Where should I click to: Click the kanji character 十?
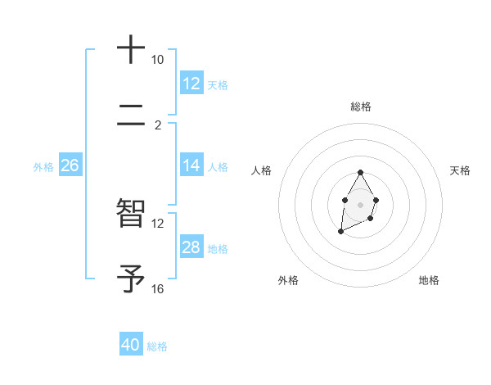click(131, 50)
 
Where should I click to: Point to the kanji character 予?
click(131, 279)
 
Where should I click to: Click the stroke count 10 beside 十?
click(157, 60)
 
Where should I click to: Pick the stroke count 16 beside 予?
click(157, 289)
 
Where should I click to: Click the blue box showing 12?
click(191, 83)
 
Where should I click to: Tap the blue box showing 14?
click(191, 165)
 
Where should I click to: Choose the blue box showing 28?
click(191, 247)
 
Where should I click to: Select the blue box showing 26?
click(70, 165)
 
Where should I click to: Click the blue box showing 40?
click(131, 345)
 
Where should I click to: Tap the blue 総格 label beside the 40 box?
click(158, 346)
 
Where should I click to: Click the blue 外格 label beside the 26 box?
click(43, 167)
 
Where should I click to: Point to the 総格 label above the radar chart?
click(361, 106)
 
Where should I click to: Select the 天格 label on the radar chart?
click(461, 170)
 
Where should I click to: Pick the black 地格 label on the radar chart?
click(429, 280)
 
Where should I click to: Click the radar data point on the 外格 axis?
click(340, 233)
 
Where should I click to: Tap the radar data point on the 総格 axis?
click(361, 172)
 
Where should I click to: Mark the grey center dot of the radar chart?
click(361, 203)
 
